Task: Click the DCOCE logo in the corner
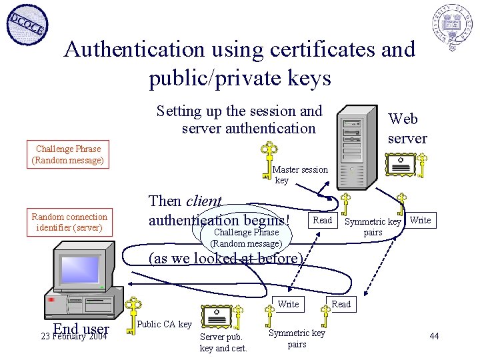26,25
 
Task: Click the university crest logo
451,25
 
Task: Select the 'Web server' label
407,129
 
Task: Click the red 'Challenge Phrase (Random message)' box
68,155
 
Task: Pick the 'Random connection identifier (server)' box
69,222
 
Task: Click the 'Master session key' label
300,175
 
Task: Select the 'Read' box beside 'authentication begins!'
322,221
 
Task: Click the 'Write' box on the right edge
420,221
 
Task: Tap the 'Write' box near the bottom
288,305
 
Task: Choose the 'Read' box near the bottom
341,305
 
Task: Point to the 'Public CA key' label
164,324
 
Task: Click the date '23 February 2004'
74,337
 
